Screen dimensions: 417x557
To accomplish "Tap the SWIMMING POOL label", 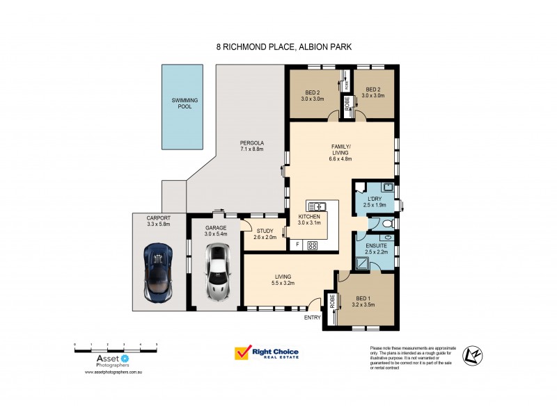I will pos(185,104).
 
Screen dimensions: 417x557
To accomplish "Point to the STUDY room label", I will pos(265,234).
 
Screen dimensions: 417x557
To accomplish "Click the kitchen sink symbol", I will pos(317,206).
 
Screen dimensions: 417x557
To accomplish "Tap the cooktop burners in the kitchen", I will pos(313,245).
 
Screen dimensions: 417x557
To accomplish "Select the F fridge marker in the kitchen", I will pos(297,245).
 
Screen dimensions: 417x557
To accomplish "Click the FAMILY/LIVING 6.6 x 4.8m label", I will pos(341,153).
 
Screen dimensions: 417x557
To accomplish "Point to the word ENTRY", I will pos(313,318).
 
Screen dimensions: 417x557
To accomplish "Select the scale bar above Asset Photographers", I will pos(116,345).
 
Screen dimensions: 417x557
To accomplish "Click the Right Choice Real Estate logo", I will pos(267,354).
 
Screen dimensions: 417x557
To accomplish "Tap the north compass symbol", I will pos(474,355).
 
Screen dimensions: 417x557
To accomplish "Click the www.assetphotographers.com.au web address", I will pos(113,373).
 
